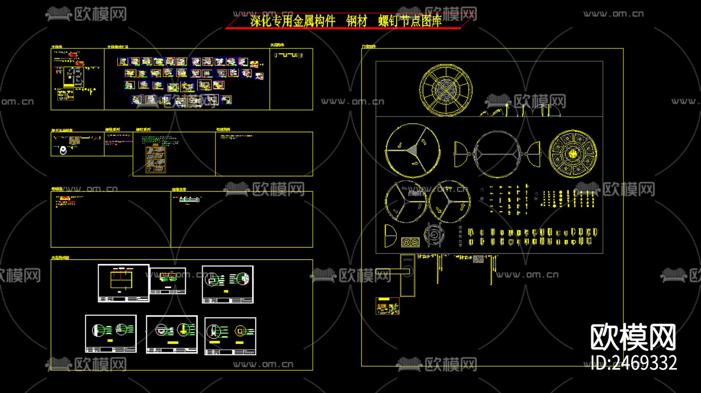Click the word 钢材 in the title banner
[357, 21]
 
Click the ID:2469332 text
[634, 363]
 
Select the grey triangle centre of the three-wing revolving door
[412, 150]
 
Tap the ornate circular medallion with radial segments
[572, 153]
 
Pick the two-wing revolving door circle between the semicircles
[497, 154]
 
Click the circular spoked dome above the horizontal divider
[446, 90]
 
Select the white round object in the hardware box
[63, 150]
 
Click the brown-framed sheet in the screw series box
[155, 159]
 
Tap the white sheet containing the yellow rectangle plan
[123, 283]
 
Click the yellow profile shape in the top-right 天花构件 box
[289, 55]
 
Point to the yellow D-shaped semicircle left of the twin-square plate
[390, 236]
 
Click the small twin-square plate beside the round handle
[410, 242]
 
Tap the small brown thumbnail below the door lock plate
[387, 306]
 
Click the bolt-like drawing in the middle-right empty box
[189, 200]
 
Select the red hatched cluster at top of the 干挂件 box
[73, 55]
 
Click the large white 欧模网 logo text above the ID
[633, 337]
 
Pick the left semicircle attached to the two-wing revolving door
[460, 154]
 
